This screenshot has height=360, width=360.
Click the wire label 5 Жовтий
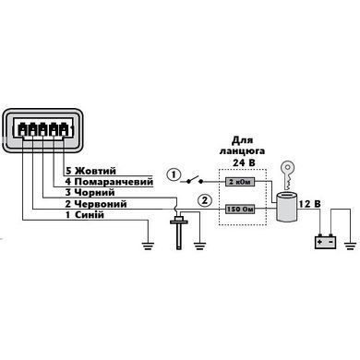click(90, 171)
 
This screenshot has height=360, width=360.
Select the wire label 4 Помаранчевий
click(109, 182)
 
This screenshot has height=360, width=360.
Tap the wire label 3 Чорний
click(90, 193)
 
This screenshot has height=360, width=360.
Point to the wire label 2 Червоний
click(96, 204)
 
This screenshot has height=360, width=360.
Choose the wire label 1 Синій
click(85, 214)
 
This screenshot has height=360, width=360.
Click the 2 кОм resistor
click(240, 182)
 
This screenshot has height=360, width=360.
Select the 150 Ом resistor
click(240, 210)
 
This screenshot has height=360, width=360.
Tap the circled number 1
click(174, 175)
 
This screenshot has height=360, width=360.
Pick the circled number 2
click(205, 200)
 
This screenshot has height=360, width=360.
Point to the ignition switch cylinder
click(286, 207)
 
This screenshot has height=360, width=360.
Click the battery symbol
click(326, 242)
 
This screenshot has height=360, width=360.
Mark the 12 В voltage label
click(309, 204)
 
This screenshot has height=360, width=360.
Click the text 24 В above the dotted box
click(244, 162)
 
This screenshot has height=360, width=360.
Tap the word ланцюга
click(242, 151)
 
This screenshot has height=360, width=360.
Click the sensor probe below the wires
click(179, 233)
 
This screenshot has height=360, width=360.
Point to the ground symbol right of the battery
click(350, 246)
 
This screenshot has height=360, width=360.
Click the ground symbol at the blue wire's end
click(148, 246)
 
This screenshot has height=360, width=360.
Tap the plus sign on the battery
click(320, 242)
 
